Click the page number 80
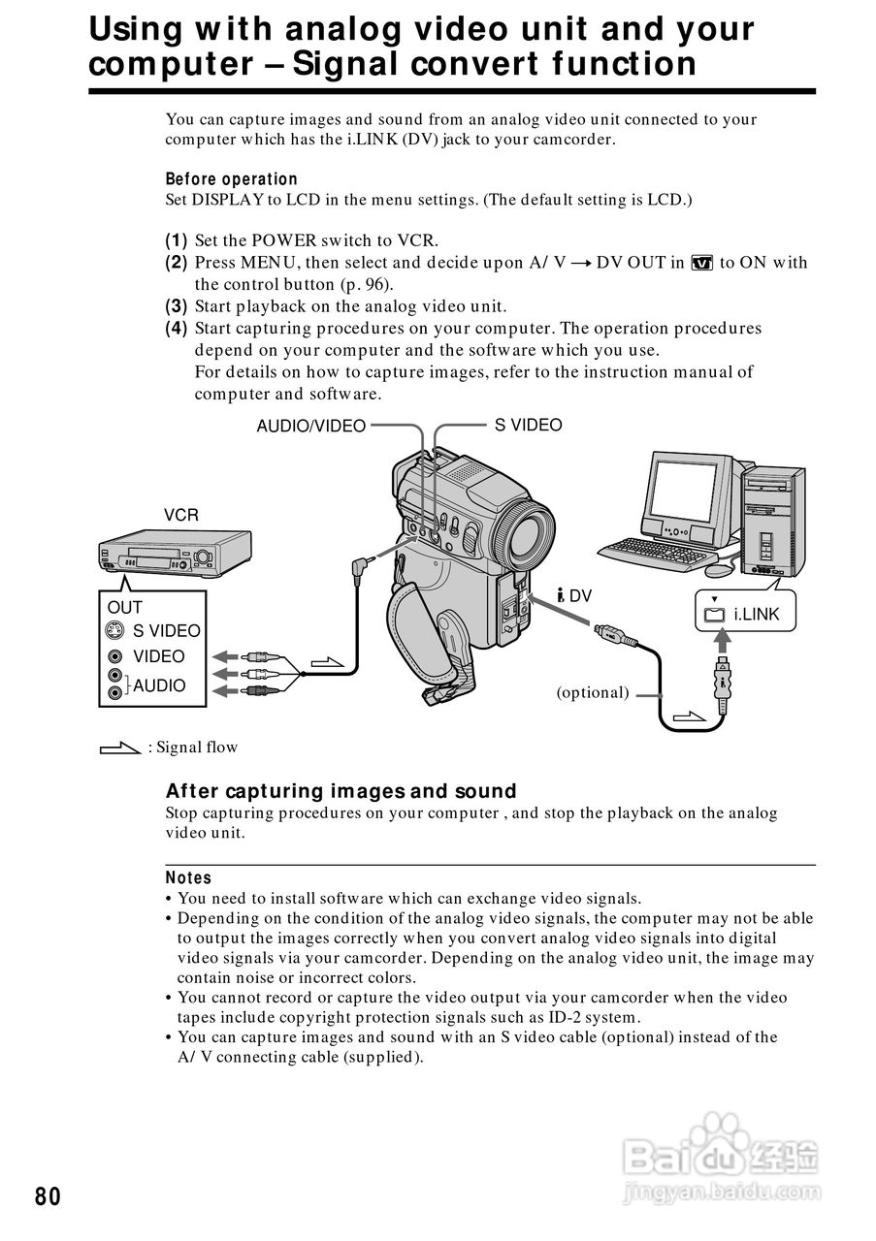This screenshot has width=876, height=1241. point(48,1196)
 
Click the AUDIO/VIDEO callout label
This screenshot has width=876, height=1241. point(310,426)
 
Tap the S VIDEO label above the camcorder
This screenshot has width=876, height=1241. point(528,425)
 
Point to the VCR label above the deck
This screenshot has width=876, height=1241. point(180,515)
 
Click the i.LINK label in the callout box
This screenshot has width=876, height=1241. point(756,614)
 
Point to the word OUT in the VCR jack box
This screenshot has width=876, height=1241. point(125,607)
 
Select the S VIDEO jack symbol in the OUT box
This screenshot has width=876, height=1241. point(115,631)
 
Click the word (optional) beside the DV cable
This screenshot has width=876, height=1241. point(593,692)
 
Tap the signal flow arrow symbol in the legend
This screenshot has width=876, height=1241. point(120,748)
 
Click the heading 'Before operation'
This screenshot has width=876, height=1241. point(231,179)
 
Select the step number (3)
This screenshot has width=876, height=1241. point(176,306)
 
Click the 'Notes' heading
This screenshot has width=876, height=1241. point(188,877)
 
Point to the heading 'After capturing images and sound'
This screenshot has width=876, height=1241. point(341,791)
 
